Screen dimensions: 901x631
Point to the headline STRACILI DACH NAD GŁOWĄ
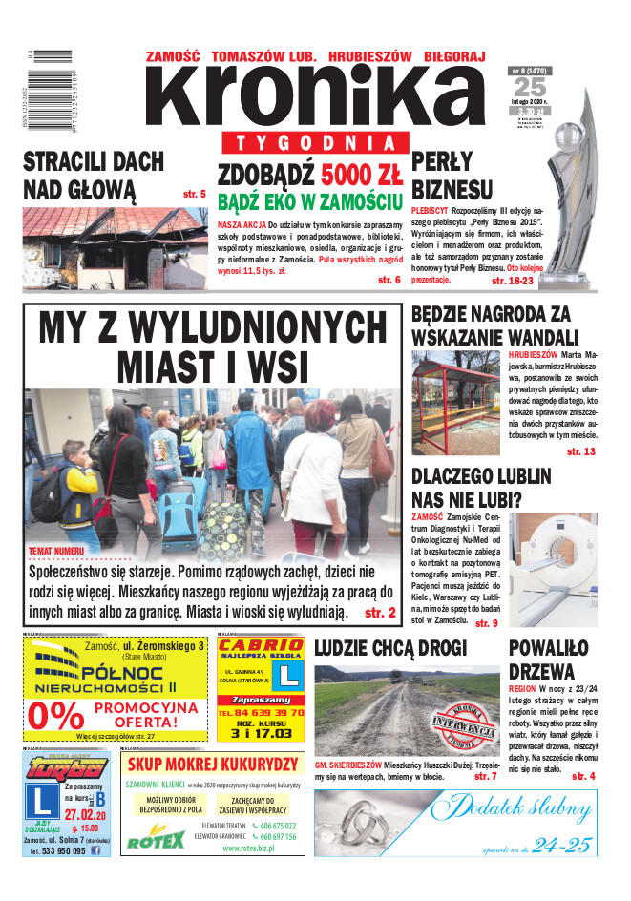(x=94, y=173)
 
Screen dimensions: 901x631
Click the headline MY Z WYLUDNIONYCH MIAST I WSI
(x=212, y=346)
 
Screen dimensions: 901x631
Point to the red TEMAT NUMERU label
(x=56, y=552)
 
